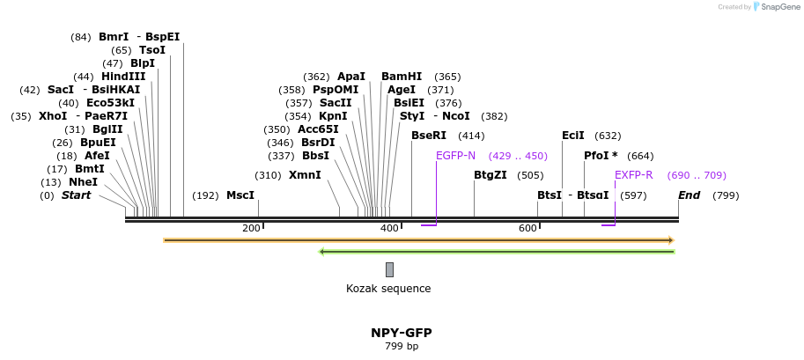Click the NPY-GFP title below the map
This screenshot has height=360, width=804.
401,333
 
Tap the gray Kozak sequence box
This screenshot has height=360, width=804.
389,269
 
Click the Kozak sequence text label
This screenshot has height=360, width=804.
388,289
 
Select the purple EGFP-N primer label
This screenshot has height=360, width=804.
455,156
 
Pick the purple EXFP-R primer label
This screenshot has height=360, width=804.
633,175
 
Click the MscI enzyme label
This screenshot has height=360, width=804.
240,195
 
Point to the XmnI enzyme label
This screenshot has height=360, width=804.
305,175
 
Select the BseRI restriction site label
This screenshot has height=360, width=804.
429,136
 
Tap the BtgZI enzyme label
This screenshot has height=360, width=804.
491,175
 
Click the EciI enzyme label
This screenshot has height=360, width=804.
573,136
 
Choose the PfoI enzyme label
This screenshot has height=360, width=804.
601,156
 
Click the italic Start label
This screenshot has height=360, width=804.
76,195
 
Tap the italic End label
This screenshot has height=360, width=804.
689,195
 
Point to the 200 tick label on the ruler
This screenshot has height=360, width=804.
251,229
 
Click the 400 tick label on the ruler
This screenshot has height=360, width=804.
389,229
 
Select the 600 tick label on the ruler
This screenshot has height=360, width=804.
527,229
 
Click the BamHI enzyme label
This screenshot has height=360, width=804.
402,77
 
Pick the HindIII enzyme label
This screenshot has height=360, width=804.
123,77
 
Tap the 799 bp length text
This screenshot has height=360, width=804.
401,347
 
